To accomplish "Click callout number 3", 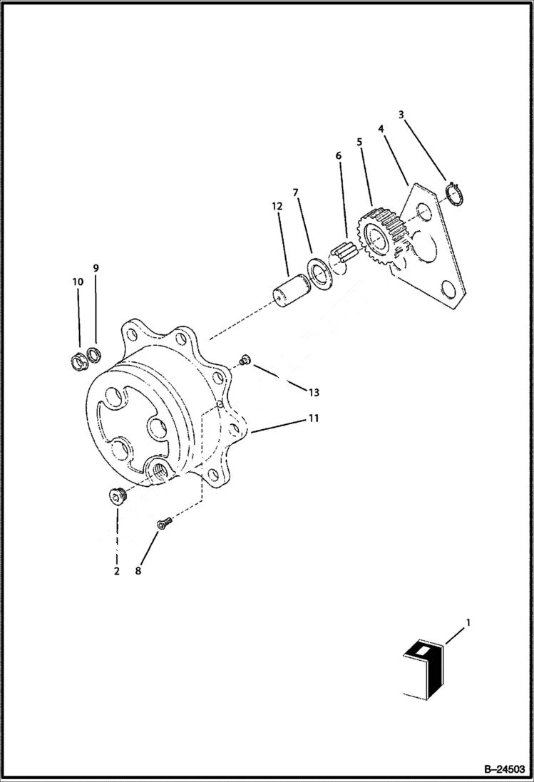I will (401, 115).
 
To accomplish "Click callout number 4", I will (381, 129).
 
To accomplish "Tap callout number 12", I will (277, 206).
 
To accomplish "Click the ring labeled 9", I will (95, 354).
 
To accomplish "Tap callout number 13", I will (314, 392).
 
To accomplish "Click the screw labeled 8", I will (163, 524).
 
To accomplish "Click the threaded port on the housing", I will (158, 470).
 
